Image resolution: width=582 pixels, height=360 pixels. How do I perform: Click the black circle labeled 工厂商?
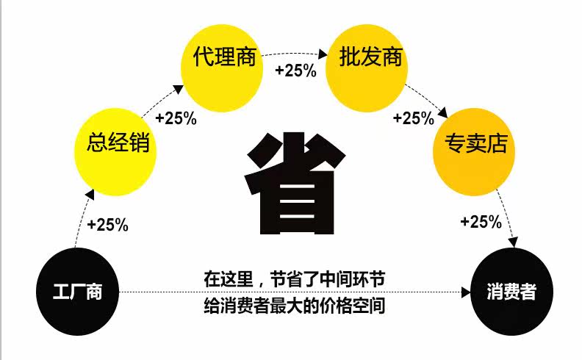coord(77,292)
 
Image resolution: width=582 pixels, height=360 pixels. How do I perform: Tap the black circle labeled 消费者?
coord(510,292)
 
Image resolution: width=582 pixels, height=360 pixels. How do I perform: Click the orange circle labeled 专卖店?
coord(475,144)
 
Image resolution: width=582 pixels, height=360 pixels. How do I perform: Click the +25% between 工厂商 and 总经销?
coord(107,225)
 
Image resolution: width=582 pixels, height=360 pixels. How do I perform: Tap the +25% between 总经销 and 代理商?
coord(176,118)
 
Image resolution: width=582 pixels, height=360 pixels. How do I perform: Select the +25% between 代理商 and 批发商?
coord(295,71)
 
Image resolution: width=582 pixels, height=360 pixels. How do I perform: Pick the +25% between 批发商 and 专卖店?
coord(414,118)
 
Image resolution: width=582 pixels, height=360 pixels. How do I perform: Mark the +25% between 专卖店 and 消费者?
coord(481,221)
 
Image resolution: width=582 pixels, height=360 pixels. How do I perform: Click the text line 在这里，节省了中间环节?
coord(294,280)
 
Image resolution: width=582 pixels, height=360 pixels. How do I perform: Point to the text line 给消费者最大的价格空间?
coord(294,305)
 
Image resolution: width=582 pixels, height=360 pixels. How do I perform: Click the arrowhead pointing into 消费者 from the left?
coord(466,292)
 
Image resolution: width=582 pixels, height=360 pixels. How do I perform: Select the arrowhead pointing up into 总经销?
coord(90,194)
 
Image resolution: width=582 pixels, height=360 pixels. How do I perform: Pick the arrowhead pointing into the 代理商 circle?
coord(179,89)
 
